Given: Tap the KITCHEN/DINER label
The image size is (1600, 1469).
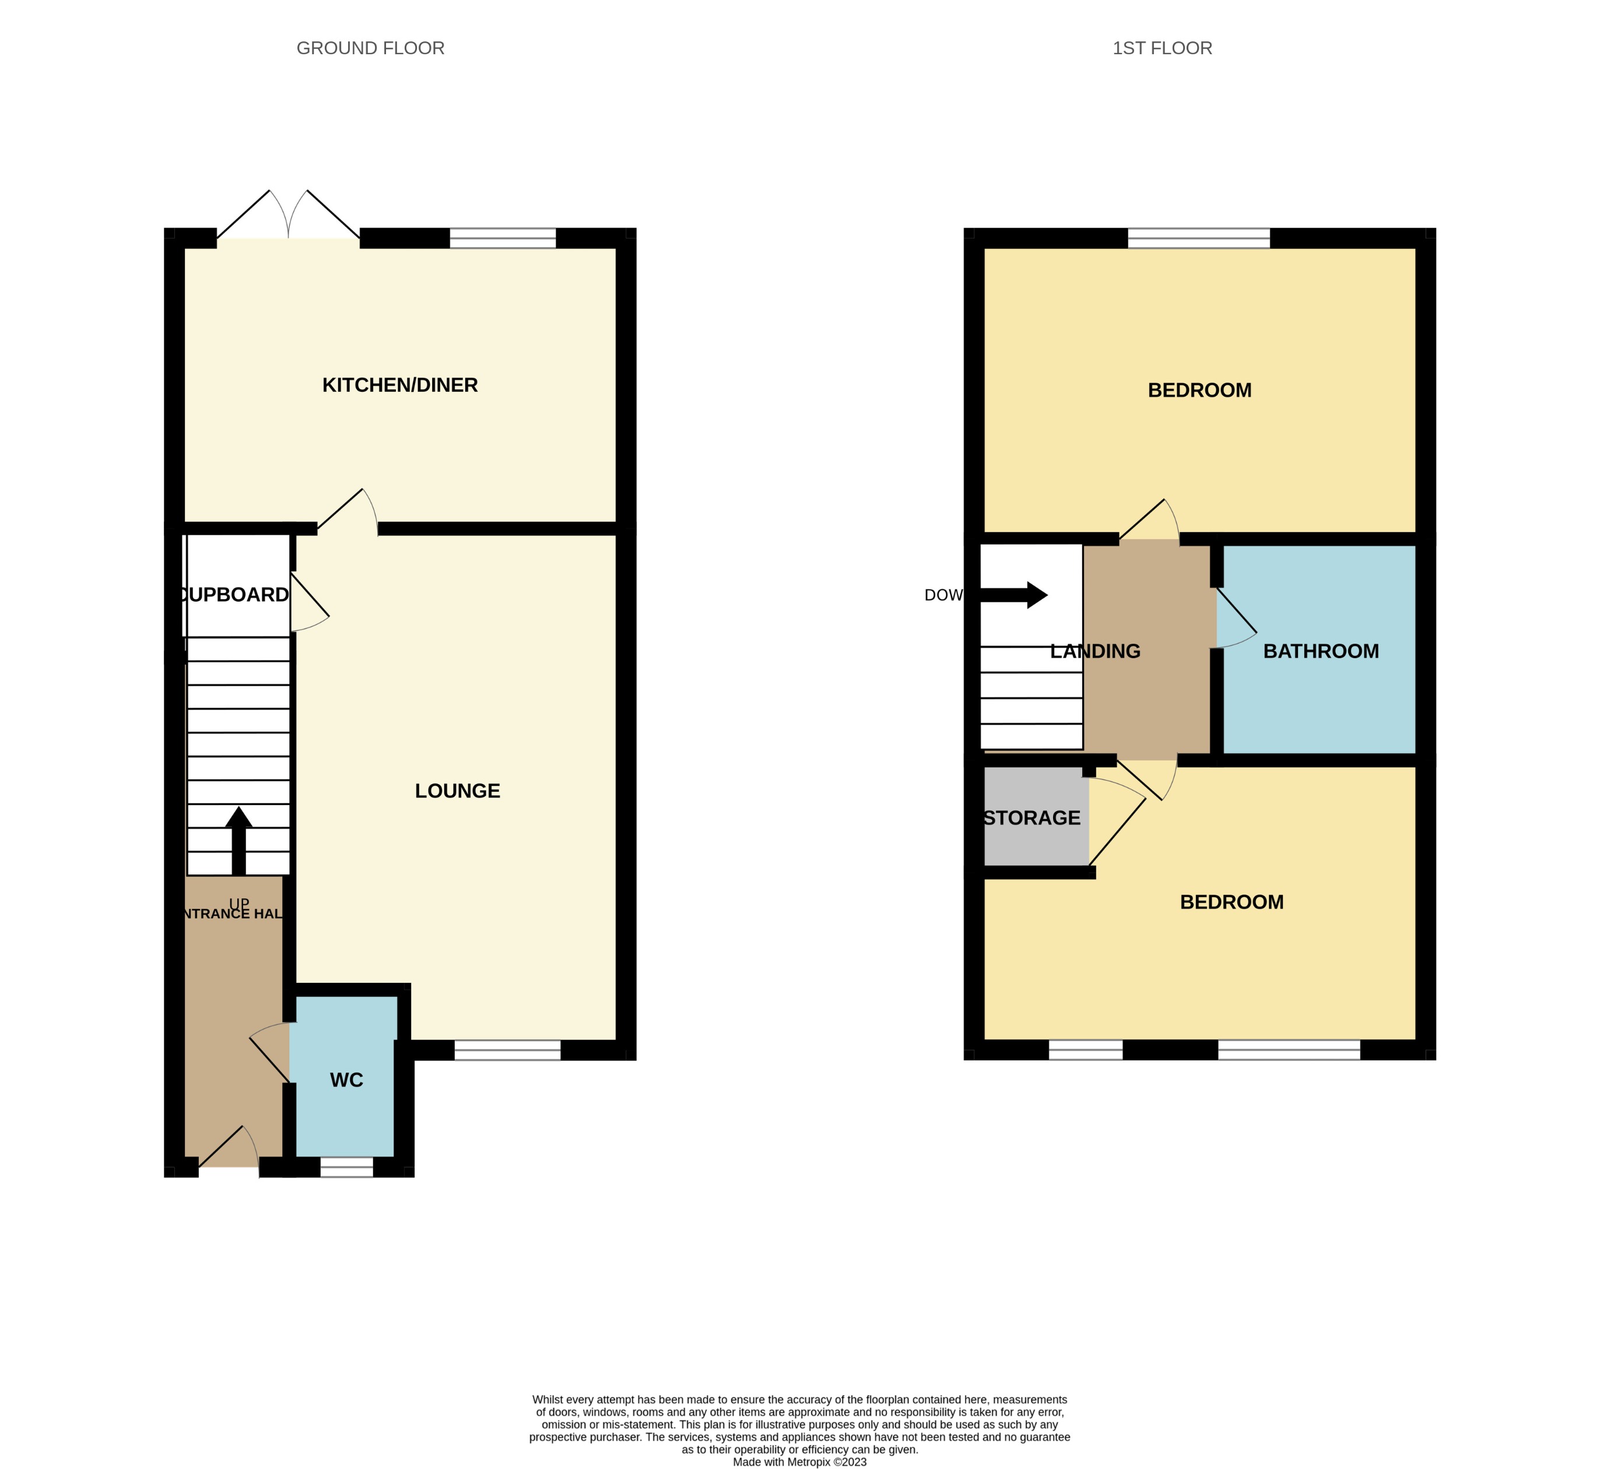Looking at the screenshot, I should pyautogui.click(x=399, y=385).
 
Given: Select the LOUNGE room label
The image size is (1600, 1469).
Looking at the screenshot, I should pyautogui.click(x=457, y=791).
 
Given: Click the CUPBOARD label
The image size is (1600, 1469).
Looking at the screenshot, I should pyautogui.click(x=234, y=595).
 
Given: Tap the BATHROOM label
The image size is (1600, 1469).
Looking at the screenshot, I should pyautogui.click(x=1320, y=651).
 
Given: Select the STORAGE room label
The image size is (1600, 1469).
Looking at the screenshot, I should pyautogui.click(x=1031, y=818).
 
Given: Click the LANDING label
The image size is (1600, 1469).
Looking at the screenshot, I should pyautogui.click(x=1095, y=651).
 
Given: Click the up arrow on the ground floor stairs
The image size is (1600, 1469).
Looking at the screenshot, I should pyautogui.click(x=238, y=840).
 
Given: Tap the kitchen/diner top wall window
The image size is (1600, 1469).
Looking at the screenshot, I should pyautogui.click(x=503, y=238).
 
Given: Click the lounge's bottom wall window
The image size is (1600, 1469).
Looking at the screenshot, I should pyautogui.click(x=507, y=1050).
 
